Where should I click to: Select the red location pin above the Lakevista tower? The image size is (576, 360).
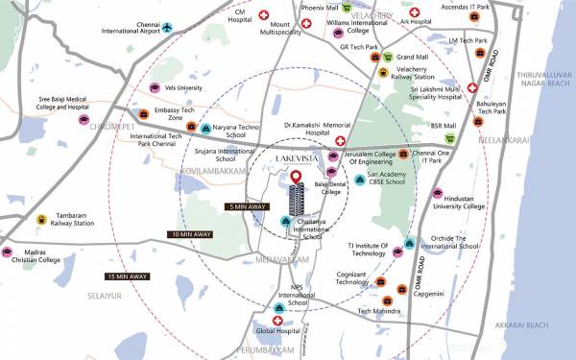coord(297,178)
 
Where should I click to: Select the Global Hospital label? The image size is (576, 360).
coord(277,332)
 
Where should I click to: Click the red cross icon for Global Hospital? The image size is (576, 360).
coord(277,320)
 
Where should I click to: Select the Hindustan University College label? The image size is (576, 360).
coord(460,202)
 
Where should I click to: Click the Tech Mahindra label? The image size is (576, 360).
coord(377,311)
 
